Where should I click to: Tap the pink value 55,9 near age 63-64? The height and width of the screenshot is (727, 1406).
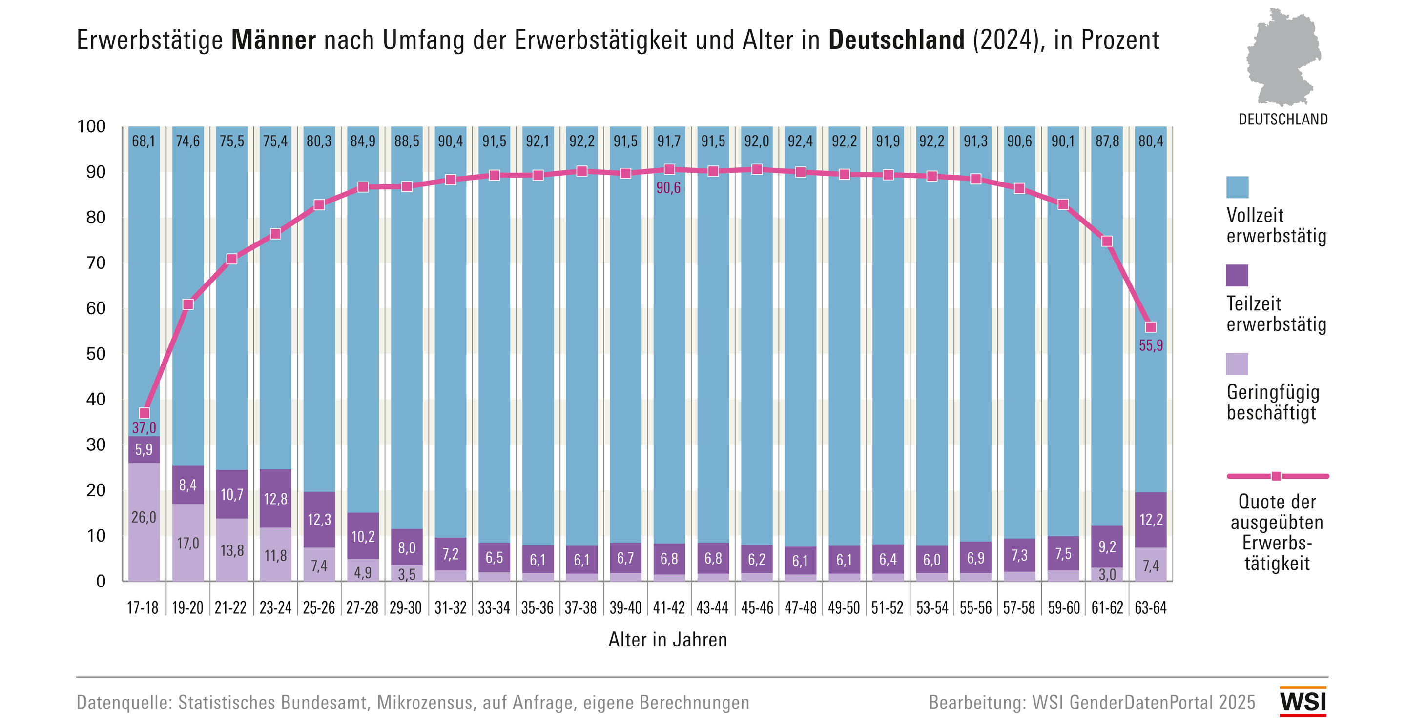(x=1151, y=345)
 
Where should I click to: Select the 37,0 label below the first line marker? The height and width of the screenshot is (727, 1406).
(x=144, y=427)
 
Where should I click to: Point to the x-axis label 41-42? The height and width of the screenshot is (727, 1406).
(x=669, y=607)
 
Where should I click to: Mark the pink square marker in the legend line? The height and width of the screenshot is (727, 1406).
(x=1276, y=476)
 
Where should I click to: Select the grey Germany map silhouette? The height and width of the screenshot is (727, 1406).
(x=1282, y=57)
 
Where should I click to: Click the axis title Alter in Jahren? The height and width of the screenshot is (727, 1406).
(x=667, y=640)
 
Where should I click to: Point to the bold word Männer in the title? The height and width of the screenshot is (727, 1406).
(x=273, y=40)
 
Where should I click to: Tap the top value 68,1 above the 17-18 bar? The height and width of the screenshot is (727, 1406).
(x=144, y=141)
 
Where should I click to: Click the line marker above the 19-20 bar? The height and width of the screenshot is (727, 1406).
(x=188, y=304)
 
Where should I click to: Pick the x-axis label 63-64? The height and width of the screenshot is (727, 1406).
(x=1151, y=607)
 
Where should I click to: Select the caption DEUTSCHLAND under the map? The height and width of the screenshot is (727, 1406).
(x=1282, y=120)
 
